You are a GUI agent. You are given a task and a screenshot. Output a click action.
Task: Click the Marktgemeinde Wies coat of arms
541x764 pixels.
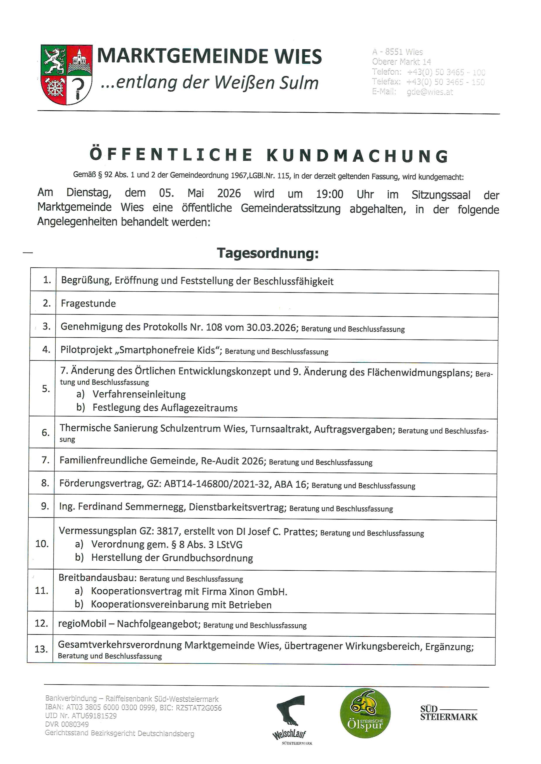66,74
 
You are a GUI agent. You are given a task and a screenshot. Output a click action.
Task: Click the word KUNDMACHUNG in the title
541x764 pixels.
358,156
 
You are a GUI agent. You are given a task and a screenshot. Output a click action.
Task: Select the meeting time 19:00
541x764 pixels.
329,194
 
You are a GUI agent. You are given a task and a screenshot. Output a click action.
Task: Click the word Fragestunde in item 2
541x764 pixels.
88,303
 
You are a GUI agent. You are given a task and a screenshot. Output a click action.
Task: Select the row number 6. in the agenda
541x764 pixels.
46,433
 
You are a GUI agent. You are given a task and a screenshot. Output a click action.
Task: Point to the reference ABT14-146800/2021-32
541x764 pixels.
217,484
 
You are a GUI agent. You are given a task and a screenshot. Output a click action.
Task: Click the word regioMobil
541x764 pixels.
82,623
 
